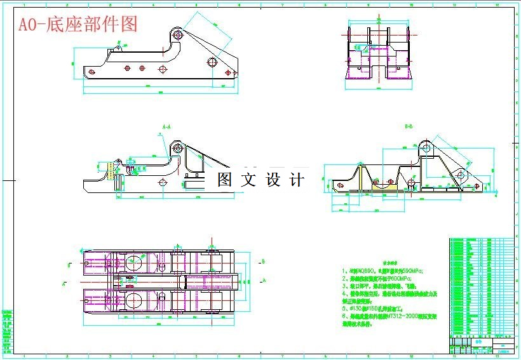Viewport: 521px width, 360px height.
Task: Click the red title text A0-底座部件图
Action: tap(77, 24)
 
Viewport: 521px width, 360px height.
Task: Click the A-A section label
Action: tap(166, 126)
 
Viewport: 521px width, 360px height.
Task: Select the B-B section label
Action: tap(409, 126)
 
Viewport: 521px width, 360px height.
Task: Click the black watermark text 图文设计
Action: tap(260, 180)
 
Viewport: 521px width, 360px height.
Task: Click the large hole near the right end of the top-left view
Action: tap(212, 63)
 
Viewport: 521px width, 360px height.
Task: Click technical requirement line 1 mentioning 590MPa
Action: tap(382, 270)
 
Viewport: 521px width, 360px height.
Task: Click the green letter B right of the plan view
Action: tap(262, 260)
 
